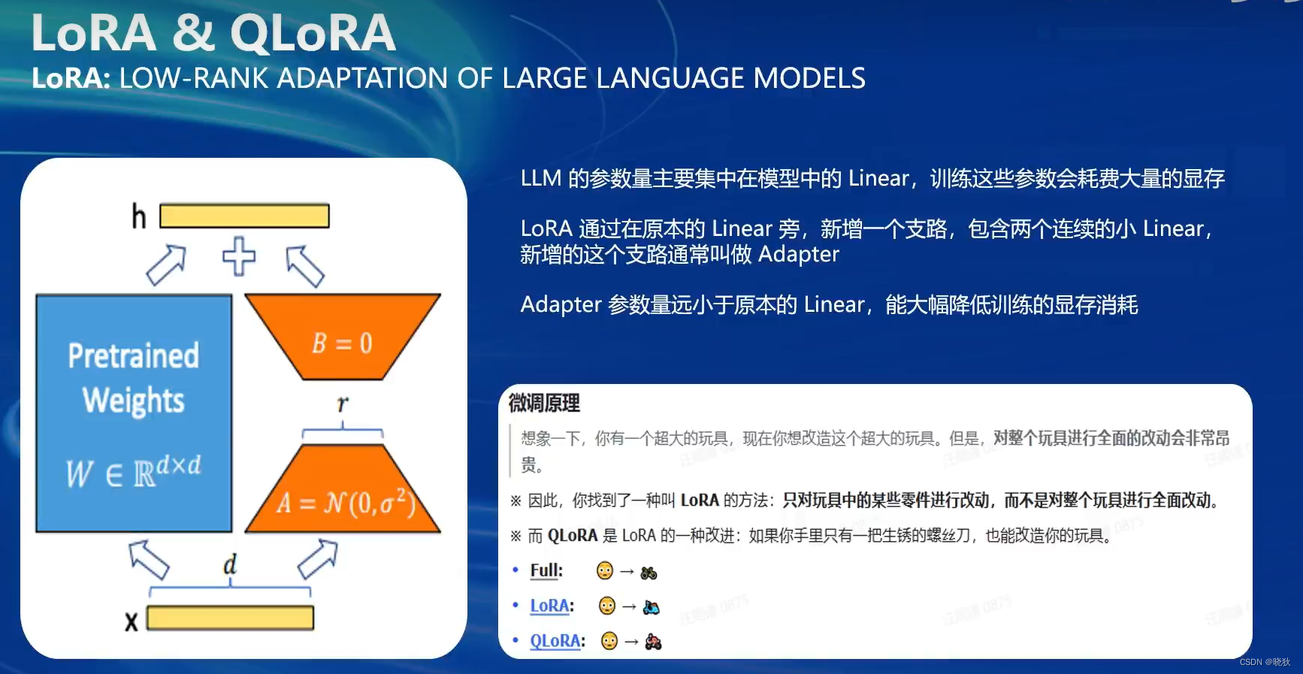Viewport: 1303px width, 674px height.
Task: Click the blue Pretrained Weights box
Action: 134,413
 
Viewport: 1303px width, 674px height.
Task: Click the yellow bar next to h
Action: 244,216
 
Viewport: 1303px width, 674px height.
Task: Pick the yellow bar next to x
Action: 230,618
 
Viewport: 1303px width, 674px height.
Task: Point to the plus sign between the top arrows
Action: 239,256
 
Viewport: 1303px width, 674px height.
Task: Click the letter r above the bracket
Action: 343,403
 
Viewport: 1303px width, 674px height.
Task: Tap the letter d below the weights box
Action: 230,564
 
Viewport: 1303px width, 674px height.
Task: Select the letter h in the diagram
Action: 139,217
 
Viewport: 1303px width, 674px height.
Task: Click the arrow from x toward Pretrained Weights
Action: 149,560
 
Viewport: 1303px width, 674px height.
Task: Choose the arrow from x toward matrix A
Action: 318,558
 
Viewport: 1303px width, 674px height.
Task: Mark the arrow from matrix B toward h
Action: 305,266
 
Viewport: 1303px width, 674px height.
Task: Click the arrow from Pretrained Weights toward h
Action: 166,265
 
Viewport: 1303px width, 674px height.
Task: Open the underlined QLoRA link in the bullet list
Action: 555,641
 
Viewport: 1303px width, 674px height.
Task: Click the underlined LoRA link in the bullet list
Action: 549,606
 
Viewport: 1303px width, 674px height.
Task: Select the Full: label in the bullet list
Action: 546,570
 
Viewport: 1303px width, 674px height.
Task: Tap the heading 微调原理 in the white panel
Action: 544,403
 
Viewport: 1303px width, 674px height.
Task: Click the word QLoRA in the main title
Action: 313,34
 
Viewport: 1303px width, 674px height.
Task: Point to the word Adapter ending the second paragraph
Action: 798,255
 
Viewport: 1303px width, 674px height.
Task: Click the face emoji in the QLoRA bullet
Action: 609,641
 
